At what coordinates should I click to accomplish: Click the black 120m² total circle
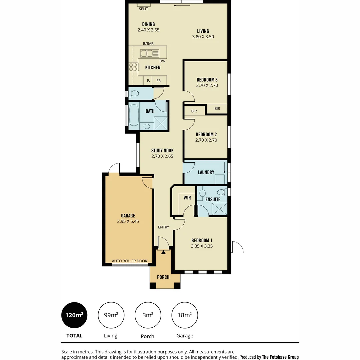click(x=74, y=315)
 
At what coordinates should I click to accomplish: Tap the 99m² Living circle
click(x=111, y=315)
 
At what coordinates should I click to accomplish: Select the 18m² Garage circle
click(x=184, y=315)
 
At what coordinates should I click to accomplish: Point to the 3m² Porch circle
click(x=148, y=315)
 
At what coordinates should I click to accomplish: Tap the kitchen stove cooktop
click(x=133, y=67)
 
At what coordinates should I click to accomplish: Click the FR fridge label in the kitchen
click(x=159, y=81)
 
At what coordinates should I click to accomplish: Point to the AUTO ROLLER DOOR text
click(x=129, y=261)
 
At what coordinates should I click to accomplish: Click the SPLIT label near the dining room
click(x=143, y=9)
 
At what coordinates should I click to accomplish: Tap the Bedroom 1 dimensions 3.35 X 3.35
click(x=202, y=246)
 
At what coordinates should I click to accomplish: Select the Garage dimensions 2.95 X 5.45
click(x=128, y=221)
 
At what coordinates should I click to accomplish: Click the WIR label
click(x=187, y=198)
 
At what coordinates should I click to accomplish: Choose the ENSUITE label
click(x=213, y=199)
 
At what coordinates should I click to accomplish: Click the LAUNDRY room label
click(x=206, y=172)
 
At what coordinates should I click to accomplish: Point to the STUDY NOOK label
click(x=162, y=150)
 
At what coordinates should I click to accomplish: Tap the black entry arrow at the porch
click(x=163, y=252)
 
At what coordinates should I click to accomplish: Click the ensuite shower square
click(x=219, y=209)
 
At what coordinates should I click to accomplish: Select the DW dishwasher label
click(x=162, y=61)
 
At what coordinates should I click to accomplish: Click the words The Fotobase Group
click(x=280, y=357)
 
